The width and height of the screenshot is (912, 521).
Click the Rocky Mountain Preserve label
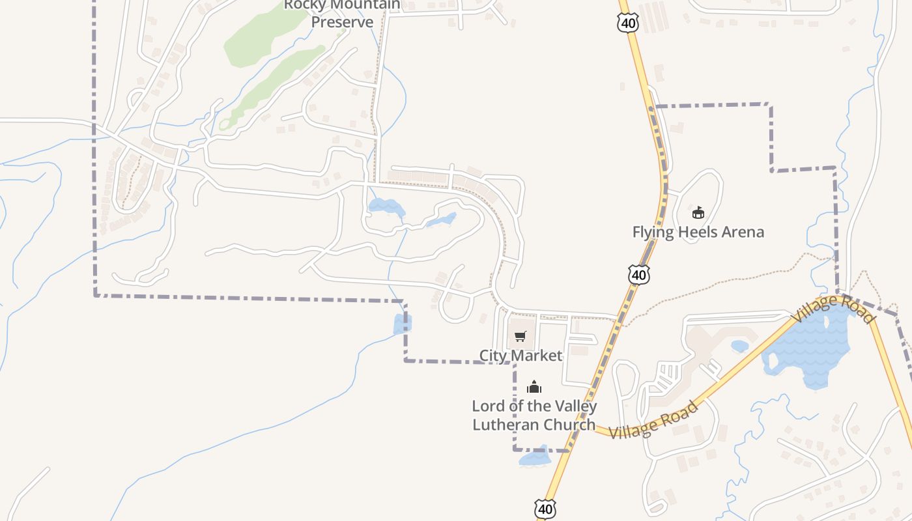342,13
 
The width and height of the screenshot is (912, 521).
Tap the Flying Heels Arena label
698,232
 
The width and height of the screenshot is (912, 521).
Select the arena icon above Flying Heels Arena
698,212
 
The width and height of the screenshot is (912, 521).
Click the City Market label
520,356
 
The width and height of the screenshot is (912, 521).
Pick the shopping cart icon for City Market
520,337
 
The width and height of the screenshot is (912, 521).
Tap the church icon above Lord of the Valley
534,387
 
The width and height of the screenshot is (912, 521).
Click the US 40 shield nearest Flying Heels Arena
639,274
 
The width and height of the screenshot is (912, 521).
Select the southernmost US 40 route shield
545,509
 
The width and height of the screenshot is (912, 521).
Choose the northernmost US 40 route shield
629,23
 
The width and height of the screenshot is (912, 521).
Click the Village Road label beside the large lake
833,309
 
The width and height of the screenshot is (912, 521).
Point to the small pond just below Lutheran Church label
535,459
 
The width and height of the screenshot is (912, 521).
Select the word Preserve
342,22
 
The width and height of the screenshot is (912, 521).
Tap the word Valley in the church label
566,406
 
